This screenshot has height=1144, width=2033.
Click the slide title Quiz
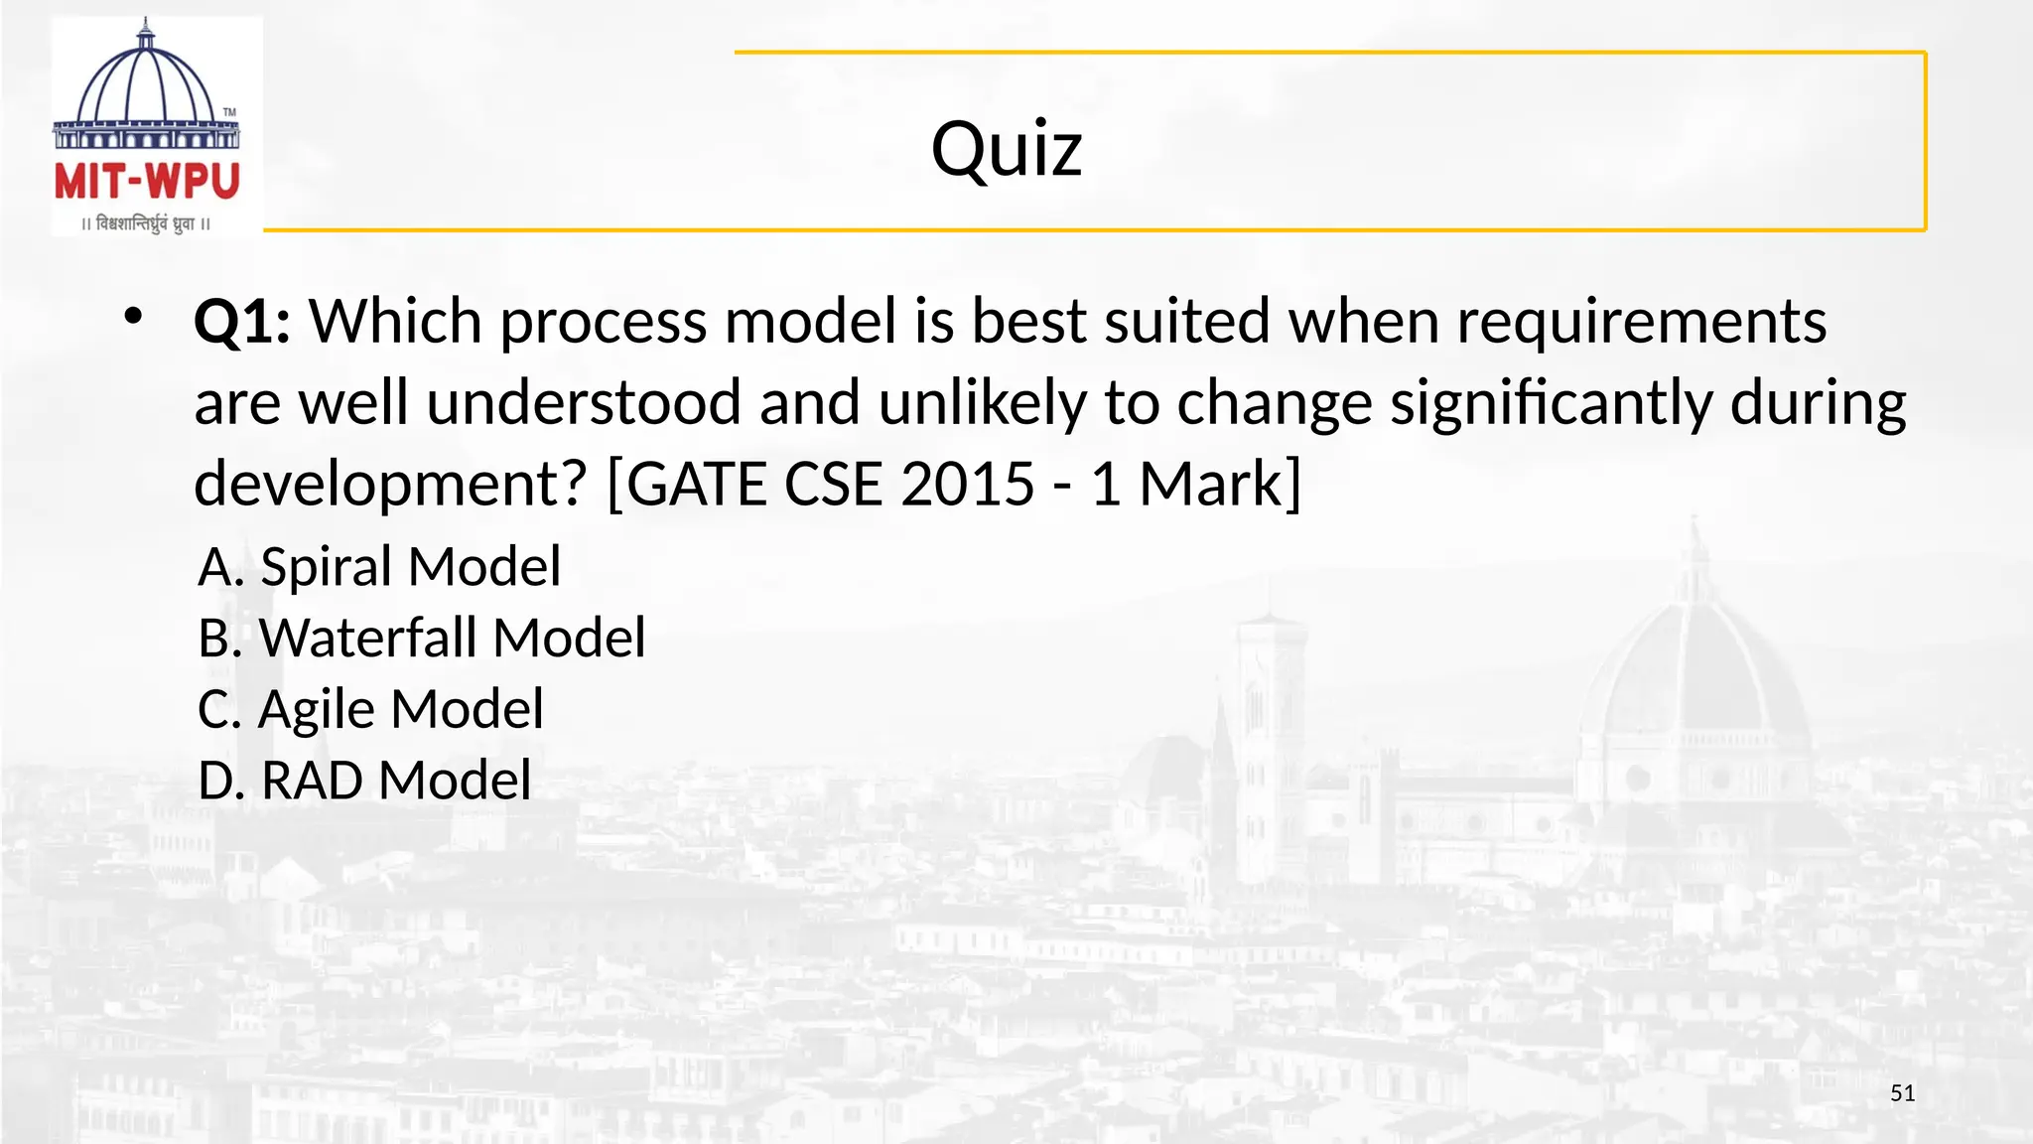click(1006, 149)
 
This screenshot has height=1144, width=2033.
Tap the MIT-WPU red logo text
click(147, 182)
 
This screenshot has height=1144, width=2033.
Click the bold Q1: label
click(241, 323)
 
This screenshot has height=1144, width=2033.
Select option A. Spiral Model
click(379, 567)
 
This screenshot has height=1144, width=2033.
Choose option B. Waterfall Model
click(421, 638)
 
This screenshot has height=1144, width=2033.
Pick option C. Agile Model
click(370, 709)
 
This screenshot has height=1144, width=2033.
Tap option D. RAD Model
click(364, 781)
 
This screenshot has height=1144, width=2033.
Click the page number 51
click(1902, 1093)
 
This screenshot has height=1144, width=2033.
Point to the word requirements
click(1641, 323)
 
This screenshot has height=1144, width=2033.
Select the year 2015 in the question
click(968, 485)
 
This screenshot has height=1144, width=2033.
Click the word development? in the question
click(391, 485)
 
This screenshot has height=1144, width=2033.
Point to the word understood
click(584, 404)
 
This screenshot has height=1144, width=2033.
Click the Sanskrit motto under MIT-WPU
click(147, 223)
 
